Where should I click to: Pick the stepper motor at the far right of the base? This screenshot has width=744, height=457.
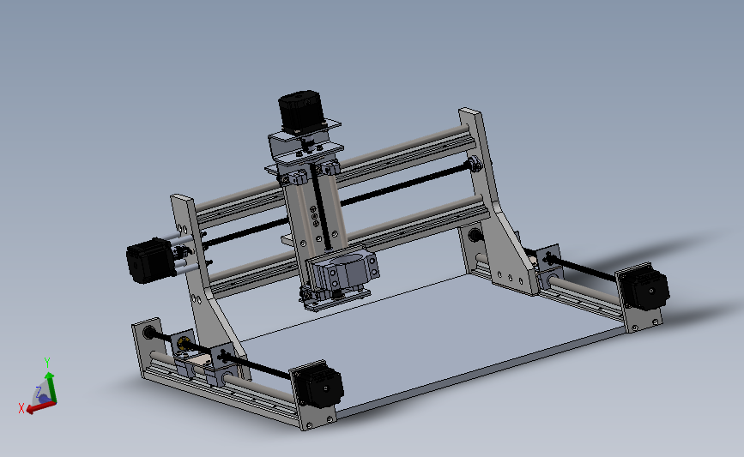click(x=643, y=289)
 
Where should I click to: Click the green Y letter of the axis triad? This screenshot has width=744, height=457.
click(x=47, y=362)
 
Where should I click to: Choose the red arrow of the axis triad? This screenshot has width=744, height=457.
click(x=36, y=407)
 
